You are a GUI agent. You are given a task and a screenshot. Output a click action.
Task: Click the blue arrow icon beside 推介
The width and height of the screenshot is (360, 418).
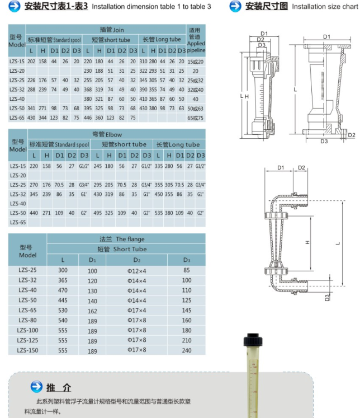coord(36,387)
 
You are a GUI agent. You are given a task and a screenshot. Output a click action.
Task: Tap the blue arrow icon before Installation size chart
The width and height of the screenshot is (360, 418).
coord(235,6)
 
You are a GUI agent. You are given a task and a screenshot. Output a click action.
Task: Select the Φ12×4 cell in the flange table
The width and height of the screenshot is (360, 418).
coord(136,271)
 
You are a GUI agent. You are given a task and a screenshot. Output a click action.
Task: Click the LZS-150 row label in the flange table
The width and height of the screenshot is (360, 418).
coord(27,350)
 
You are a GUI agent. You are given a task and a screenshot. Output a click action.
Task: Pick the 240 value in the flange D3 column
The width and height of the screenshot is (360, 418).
coord(187,350)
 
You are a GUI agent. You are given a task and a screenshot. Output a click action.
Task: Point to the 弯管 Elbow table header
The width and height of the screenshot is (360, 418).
coord(107,134)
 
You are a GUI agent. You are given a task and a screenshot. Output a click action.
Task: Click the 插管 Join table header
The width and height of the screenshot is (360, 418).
coord(112,30)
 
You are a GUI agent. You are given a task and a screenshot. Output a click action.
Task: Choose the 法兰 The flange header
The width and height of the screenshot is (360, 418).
coord(122,239)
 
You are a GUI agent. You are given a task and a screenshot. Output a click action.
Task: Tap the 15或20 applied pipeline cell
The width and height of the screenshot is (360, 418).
coord(196,62)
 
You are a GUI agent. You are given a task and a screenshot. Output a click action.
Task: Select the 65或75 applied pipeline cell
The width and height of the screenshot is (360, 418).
coord(196,118)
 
